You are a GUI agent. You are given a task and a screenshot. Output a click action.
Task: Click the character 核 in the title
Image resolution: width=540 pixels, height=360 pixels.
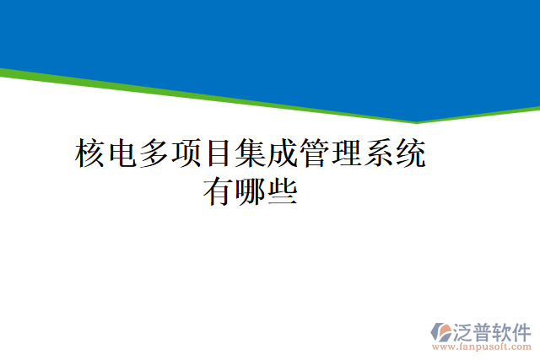tap(92, 154)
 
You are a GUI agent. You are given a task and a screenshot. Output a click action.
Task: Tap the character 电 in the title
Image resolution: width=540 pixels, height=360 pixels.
tap(124, 154)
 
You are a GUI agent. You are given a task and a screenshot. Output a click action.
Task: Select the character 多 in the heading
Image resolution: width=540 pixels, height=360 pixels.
tap(155, 154)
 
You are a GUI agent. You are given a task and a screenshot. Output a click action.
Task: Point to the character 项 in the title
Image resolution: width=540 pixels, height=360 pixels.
tap(187, 154)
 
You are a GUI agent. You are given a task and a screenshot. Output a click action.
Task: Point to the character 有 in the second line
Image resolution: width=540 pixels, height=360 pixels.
tap(219, 192)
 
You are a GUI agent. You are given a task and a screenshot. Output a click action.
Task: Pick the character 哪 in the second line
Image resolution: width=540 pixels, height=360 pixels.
tap(251, 192)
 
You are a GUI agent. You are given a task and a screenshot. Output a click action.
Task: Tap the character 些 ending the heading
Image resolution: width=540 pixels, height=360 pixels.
tap(282, 192)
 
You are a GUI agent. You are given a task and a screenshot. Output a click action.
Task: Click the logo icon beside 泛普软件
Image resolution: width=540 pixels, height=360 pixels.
tap(441, 330)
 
